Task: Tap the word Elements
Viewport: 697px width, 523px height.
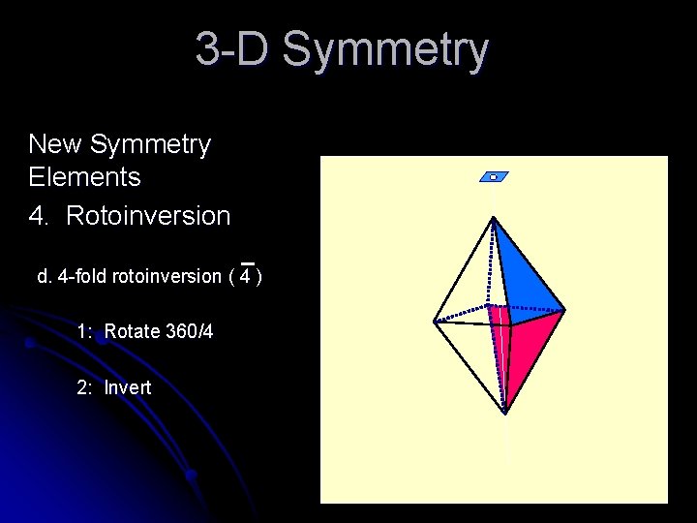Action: pyautogui.click(x=85, y=177)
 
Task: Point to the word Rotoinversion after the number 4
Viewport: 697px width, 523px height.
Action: pyautogui.click(x=148, y=216)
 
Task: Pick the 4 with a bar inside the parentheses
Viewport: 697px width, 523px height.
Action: pyautogui.click(x=247, y=277)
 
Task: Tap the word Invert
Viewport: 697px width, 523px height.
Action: pyautogui.click(x=128, y=388)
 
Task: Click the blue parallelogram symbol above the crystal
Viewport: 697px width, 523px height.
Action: pyautogui.click(x=494, y=177)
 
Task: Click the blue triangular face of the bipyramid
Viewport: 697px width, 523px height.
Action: pyautogui.click(x=523, y=276)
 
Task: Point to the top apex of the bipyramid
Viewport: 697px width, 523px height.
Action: pyautogui.click(x=494, y=219)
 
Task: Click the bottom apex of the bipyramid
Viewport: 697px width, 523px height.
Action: pyautogui.click(x=504, y=413)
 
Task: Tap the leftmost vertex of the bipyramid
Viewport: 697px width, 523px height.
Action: pyautogui.click(x=435, y=322)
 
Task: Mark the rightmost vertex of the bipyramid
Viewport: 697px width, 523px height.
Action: pyautogui.click(x=564, y=311)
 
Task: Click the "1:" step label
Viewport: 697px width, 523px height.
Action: pyautogui.click(x=85, y=332)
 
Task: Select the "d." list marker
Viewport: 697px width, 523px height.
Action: pyautogui.click(x=45, y=277)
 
